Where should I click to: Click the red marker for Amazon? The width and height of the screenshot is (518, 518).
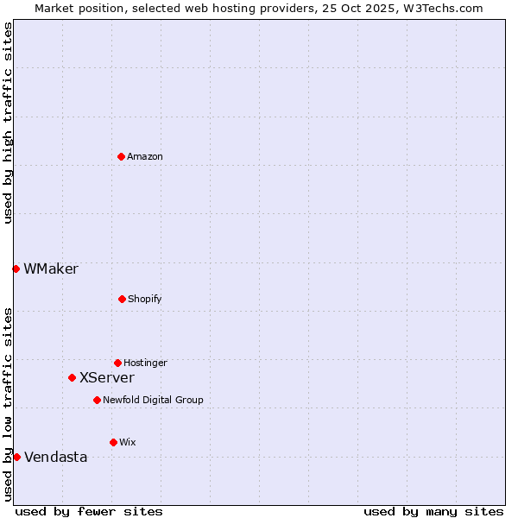[x=121, y=156]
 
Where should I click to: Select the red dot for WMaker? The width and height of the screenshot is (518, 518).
[x=16, y=268]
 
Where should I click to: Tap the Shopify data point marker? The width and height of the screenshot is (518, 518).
[x=122, y=299]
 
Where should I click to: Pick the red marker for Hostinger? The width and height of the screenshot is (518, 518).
[x=117, y=363]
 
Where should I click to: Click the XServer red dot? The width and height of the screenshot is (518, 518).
[x=72, y=377]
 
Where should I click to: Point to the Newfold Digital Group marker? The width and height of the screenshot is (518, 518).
[x=97, y=400]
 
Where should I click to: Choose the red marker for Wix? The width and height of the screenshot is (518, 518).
[x=113, y=442]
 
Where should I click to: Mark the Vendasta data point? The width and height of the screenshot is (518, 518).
[x=16, y=457]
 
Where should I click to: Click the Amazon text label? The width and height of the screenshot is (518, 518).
[x=145, y=156]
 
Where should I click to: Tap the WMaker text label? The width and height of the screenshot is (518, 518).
[x=51, y=268]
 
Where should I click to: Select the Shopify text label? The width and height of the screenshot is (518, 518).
[x=145, y=299]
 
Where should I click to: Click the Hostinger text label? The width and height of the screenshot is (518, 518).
[x=145, y=363]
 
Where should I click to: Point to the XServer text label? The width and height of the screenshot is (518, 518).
[x=107, y=377]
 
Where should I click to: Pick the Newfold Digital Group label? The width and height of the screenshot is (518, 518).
[x=153, y=400]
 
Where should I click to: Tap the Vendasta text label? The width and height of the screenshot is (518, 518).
[x=56, y=457]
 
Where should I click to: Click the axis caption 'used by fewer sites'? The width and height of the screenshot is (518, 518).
[x=89, y=511]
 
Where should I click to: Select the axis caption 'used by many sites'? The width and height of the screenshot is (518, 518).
[x=433, y=511]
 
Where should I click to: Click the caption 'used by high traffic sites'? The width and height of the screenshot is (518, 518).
[x=8, y=123]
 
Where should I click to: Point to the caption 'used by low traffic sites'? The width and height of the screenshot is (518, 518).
[x=8, y=404]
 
